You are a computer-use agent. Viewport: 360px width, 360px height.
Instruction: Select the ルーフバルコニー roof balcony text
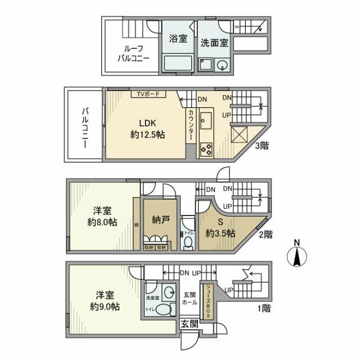click(x=133, y=53)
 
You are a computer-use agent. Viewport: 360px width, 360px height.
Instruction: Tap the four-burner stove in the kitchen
click(x=205, y=149)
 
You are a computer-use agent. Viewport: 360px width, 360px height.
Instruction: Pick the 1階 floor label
click(x=262, y=308)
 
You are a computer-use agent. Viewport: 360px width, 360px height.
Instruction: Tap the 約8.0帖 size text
click(x=102, y=222)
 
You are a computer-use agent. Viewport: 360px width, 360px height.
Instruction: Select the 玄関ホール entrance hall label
click(x=190, y=298)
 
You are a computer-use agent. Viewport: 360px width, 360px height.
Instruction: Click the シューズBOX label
click(x=207, y=300)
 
